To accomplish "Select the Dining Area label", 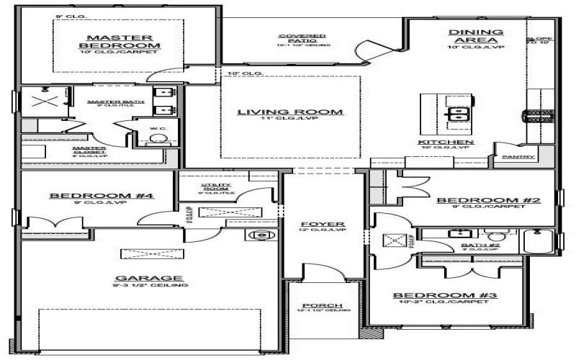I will coord(474,36).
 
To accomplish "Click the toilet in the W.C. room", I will coord(157,139).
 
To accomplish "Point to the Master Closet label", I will coord(89,150).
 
